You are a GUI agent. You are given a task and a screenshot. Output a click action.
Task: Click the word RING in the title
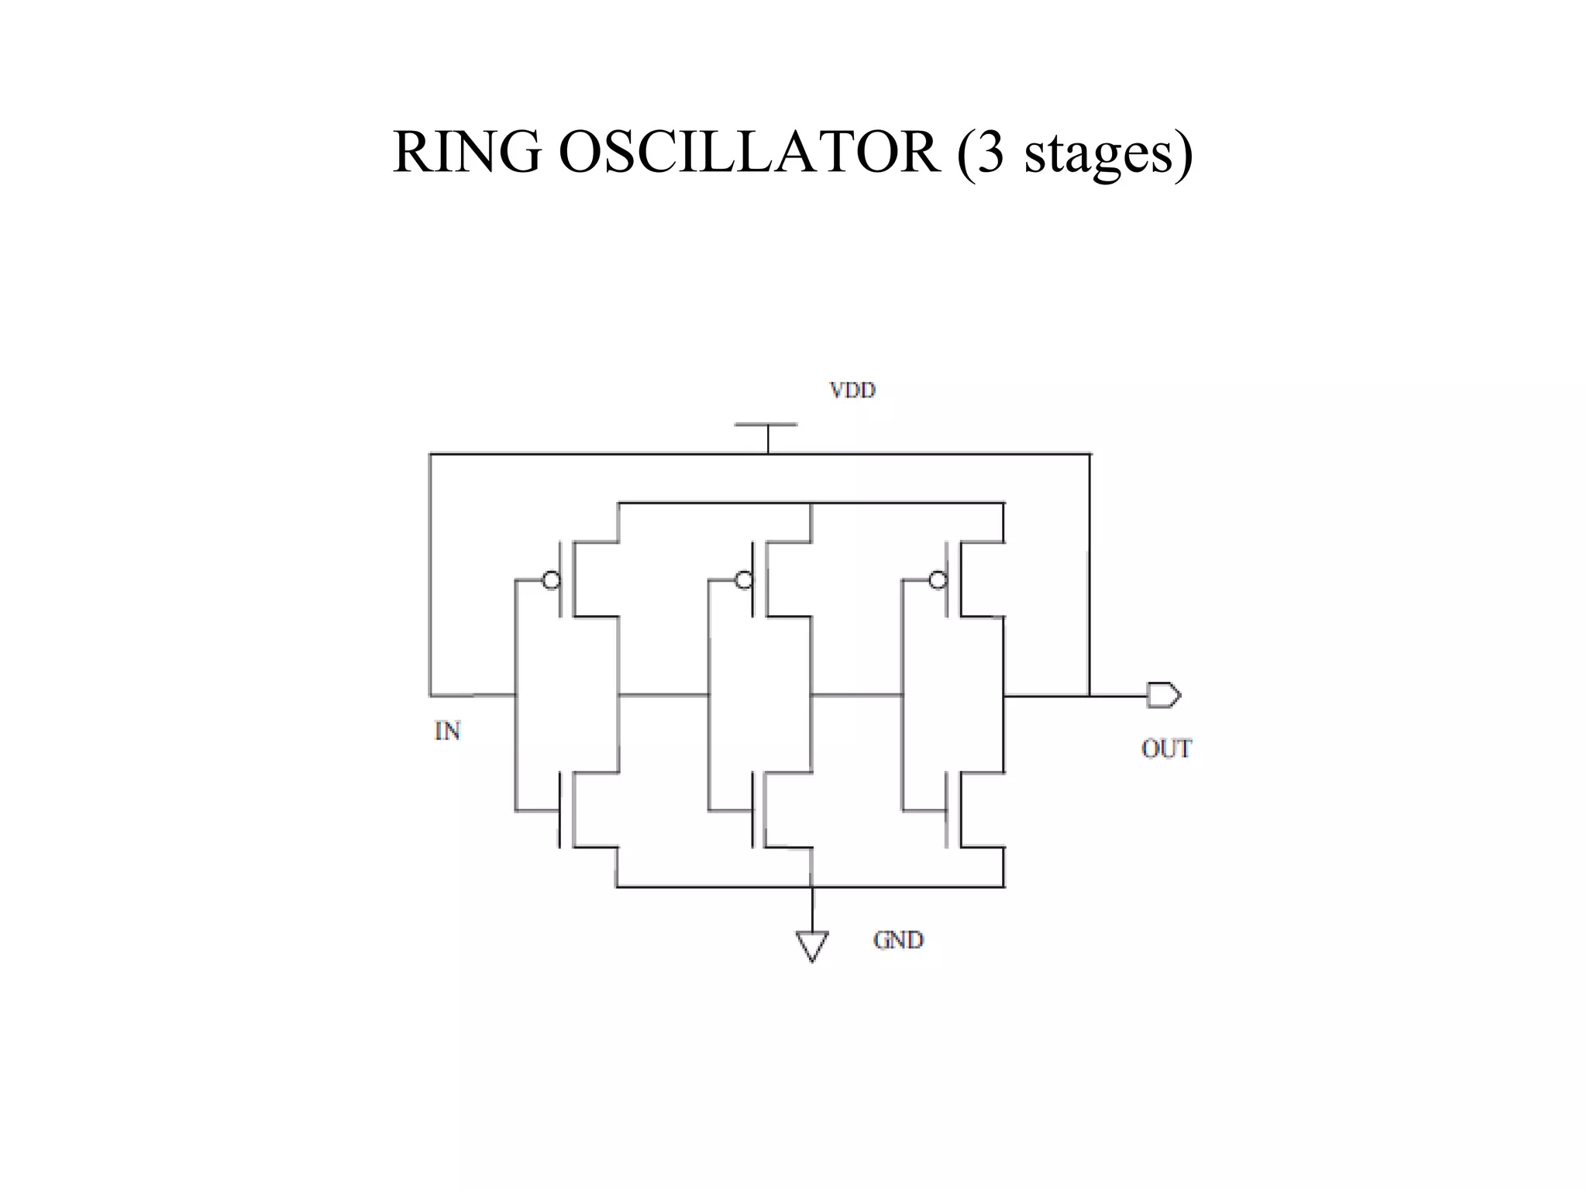[x=466, y=152]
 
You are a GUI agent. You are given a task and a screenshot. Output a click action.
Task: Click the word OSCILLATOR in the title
[x=749, y=152]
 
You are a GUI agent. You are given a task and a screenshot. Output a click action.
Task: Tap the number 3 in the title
[x=991, y=152]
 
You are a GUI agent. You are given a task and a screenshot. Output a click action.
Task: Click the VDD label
[x=852, y=390]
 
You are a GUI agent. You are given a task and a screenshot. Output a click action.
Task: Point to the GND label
[x=898, y=940]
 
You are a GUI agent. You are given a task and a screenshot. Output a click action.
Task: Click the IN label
[x=447, y=731]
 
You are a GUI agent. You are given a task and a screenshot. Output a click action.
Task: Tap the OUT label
[x=1166, y=748]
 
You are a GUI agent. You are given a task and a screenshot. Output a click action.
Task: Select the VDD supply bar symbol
[x=766, y=425]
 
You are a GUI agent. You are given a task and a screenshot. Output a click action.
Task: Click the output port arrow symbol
[x=1163, y=695]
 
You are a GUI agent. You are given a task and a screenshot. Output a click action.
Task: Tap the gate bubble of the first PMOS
[x=551, y=580]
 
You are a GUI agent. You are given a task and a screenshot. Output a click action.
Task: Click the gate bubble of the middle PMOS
[x=744, y=580]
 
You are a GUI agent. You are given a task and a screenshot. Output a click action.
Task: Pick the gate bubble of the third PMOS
[x=938, y=580]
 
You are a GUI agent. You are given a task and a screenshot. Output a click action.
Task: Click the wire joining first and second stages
[x=663, y=696]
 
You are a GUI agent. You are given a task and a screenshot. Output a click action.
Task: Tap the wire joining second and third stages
[x=856, y=696]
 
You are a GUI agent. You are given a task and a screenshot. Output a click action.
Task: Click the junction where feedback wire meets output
[x=1090, y=696]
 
